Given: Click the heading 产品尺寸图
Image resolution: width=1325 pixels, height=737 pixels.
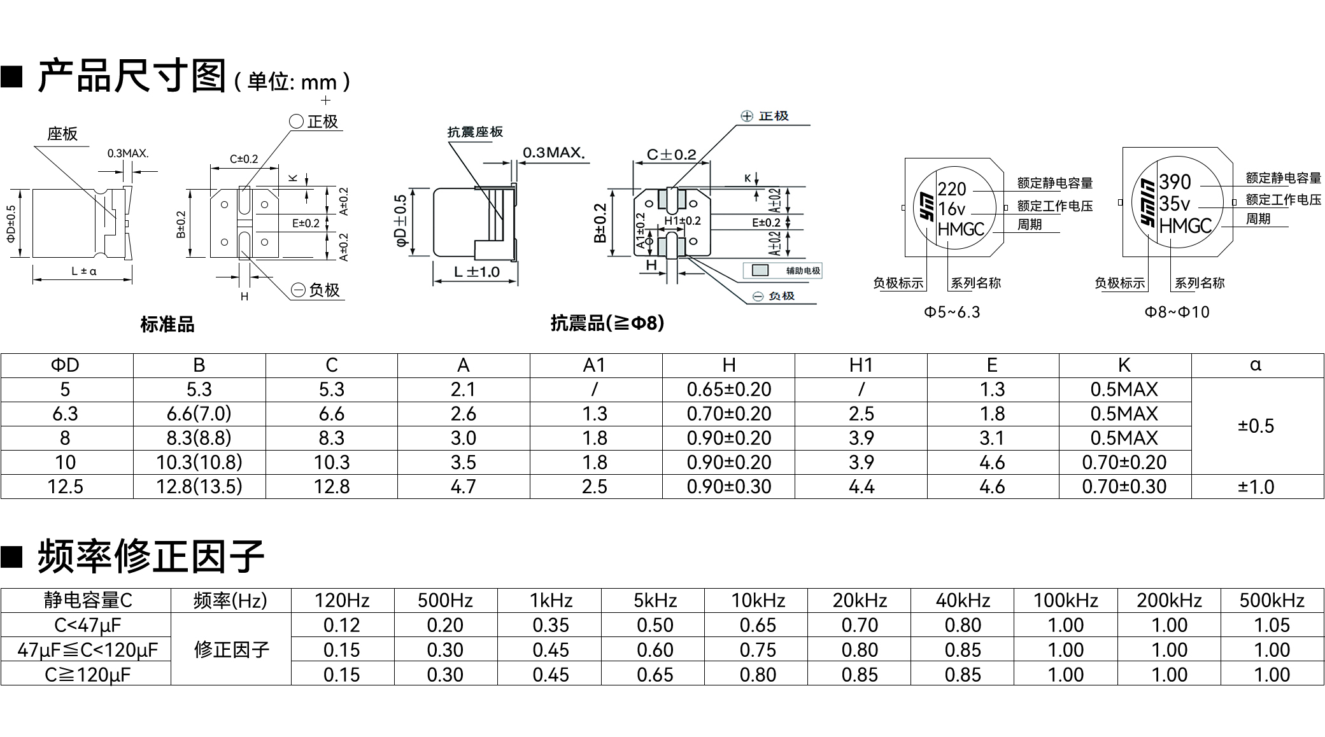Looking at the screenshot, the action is pyautogui.click(x=132, y=76).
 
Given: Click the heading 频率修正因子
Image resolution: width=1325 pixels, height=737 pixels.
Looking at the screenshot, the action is pyautogui.click(x=151, y=556).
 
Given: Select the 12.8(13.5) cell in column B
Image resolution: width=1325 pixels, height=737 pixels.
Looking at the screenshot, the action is pyautogui.click(x=199, y=487).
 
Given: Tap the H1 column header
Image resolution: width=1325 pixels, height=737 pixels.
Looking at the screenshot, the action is pyautogui.click(x=861, y=365).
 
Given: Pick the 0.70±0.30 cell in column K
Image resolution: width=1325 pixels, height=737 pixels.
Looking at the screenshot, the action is pyautogui.click(x=1124, y=487).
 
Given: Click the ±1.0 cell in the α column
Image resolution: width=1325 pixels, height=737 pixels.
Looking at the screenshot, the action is pyautogui.click(x=1256, y=487).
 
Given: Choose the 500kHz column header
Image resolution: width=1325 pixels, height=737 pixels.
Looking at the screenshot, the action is pyautogui.click(x=1272, y=600).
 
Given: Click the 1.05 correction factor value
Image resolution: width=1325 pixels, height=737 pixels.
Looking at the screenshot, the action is pyautogui.click(x=1272, y=625).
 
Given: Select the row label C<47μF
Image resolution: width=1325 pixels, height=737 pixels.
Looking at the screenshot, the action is pyautogui.click(x=87, y=625).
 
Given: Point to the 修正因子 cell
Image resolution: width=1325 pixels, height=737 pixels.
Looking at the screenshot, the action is pyautogui.click(x=232, y=650).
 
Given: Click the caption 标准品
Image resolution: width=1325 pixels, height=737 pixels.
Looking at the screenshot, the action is pyautogui.click(x=167, y=325).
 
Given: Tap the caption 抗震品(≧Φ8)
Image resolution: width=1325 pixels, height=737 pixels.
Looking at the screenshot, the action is pyautogui.click(x=607, y=323).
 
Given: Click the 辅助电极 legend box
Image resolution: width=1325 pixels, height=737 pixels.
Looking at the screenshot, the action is pyautogui.click(x=783, y=270).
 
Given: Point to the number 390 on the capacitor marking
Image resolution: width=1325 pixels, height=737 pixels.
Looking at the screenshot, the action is pyautogui.click(x=1175, y=182).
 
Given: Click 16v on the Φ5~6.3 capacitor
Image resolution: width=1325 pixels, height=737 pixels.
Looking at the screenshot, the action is pyautogui.click(x=952, y=209).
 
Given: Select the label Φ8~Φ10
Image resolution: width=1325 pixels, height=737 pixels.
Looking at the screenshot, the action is pyautogui.click(x=1177, y=312).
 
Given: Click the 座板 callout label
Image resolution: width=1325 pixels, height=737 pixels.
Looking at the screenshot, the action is pyautogui.click(x=62, y=134).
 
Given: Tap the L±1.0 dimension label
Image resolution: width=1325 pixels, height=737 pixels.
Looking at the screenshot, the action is pyautogui.click(x=477, y=272).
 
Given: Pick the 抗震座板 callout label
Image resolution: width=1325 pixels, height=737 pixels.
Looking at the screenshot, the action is pyautogui.click(x=475, y=132).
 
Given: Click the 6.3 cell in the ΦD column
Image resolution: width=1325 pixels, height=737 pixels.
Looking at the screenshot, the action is pyautogui.click(x=66, y=414).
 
